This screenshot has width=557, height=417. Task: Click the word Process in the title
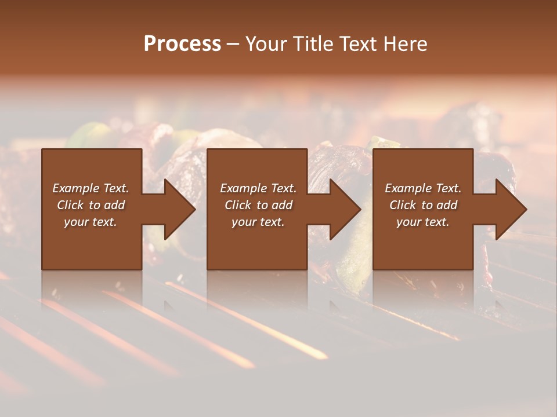[182, 44]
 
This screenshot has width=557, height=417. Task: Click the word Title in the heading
[312, 44]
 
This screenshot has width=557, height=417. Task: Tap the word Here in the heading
[405, 44]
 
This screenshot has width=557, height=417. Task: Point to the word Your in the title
[266, 44]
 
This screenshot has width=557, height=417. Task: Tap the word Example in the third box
[408, 188]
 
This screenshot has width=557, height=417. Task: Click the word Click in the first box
[70, 205]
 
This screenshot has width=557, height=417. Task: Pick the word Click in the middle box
[238, 205]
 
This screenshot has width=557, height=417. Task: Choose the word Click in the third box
[403, 205]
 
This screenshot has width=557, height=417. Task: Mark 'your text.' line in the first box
[91, 222]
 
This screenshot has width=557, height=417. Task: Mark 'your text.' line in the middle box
[258, 222]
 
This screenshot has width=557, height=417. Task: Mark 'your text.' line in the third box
[423, 222]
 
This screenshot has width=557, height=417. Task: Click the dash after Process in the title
[233, 44]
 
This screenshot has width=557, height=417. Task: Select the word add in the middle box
[282, 205]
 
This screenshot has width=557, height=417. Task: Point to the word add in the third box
[447, 205]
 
